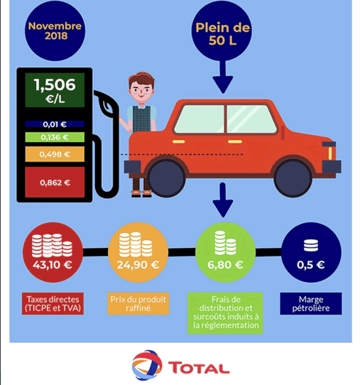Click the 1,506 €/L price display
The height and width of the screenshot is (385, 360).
(55, 90)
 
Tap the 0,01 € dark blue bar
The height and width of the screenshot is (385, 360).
(55, 124)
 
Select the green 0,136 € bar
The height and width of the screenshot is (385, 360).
(55, 137)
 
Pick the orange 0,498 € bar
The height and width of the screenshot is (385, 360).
(55, 154)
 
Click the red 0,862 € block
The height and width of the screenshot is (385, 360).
(55, 182)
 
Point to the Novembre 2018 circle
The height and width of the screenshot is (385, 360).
(55, 31)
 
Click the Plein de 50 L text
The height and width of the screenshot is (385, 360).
(222, 34)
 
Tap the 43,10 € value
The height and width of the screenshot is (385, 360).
(53, 265)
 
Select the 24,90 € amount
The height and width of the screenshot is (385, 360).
(138, 265)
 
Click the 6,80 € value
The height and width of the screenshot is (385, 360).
(225, 265)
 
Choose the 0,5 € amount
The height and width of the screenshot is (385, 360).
(311, 265)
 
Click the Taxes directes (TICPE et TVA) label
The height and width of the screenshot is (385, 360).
(53, 303)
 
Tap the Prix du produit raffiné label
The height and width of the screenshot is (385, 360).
(138, 303)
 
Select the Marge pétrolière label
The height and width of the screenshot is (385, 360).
(311, 303)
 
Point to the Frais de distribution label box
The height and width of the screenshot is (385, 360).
(225, 313)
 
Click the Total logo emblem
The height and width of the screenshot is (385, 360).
(147, 365)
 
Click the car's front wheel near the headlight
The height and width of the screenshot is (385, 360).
(293, 178)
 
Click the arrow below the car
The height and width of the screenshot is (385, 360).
(222, 200)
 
